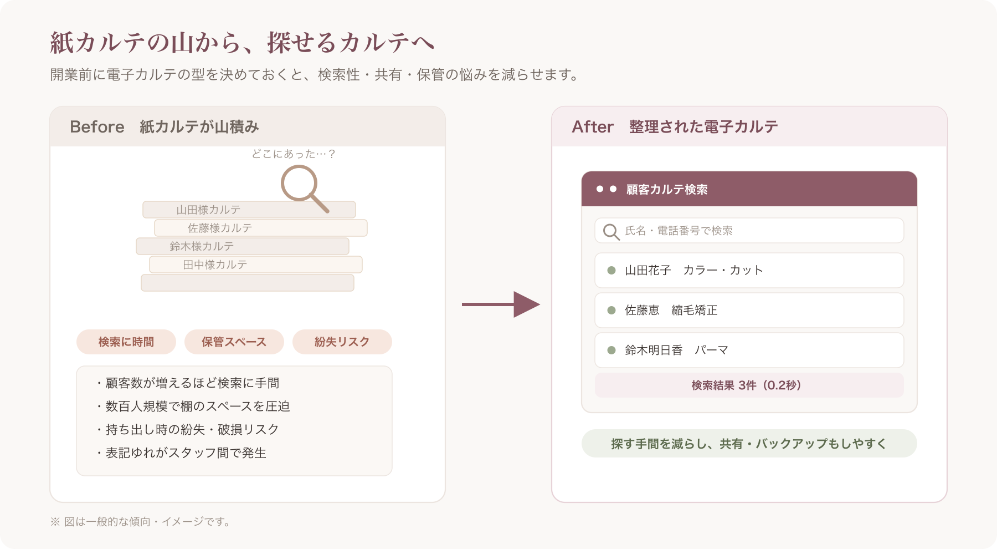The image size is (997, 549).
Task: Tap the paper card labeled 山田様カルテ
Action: pyautogui.click(x=249, y=210)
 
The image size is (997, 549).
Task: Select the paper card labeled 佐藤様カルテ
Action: pyautogui.click(x=261, y=228)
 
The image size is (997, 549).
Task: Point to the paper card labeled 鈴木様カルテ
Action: pyautogui.click(x=243, y=246)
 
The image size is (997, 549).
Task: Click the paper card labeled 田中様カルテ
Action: pyautogui.click(x=256, y=265)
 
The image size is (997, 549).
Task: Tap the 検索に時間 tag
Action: pyautogui.click(x=126, y=342)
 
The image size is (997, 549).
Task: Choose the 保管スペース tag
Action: pyautogui.click(x=234, y=342)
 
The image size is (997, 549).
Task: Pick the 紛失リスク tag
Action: pyautogui.click(x=342, y=342)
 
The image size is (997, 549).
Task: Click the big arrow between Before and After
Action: pyautogui.click(x=501, y=304)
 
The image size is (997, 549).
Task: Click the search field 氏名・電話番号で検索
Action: pyautogui.click(x=749, y=231)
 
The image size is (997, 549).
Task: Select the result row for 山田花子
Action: pyautogui.click(x=749, y=271)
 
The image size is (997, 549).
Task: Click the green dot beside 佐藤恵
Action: pyautogui.click(x=611, y=311)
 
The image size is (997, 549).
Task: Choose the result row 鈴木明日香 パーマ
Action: pyautogui.click(x=749, y=350)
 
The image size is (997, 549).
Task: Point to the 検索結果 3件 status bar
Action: pyautogui.click(x=749, y=385)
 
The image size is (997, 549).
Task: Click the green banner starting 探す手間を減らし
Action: pyautogui.click(x=749, y=444)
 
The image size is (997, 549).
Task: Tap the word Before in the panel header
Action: pyautogui.click(x=97, y=127)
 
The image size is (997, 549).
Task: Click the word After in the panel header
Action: pyautogui.click(x=593, y=127)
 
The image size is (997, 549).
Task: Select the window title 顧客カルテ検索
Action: pyautogui.click(x=667, y=190)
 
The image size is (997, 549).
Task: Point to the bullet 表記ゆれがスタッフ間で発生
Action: pyautogui.click(x=181, y=453)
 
